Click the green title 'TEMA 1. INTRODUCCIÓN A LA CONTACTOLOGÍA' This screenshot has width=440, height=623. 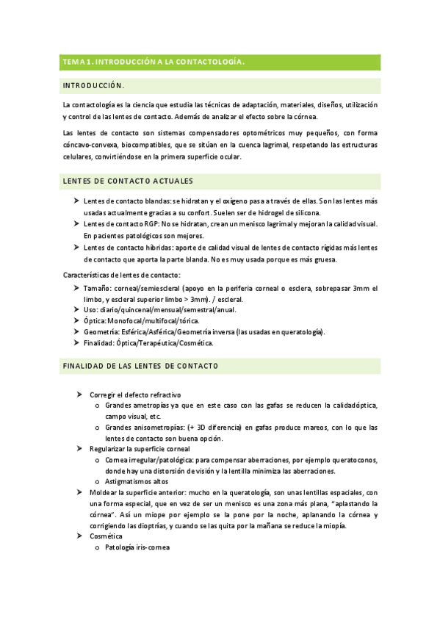(153, 62)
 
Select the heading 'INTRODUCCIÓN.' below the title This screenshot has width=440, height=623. (93, 86)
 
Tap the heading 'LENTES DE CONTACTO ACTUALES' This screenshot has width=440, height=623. (129, 181)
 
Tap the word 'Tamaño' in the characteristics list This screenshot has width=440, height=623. (96, 287)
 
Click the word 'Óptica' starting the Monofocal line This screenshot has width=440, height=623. (94, 321)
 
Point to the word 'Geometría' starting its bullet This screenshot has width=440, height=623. (101, 332)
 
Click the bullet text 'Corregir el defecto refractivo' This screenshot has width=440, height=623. (135, 395)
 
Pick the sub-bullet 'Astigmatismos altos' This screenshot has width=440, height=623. (139, 481)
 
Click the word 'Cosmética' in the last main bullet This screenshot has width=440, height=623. (106, 536)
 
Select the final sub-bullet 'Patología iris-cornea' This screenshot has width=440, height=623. (137, 547)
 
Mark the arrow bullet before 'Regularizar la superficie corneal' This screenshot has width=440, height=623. (79, 448)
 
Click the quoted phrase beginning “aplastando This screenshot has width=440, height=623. (352, 504)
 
